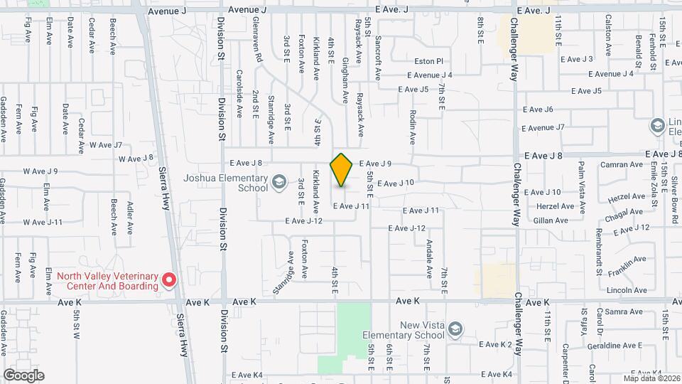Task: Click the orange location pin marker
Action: coord(341,170)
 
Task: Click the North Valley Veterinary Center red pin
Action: coord(168,280)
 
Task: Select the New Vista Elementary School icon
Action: coord(455,329)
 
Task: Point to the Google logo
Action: coord(23,375)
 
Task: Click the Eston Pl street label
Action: coord(429,62)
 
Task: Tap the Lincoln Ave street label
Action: coord(627,290)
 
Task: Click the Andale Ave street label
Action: coord(429,257)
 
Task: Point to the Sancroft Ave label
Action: coord(378,59)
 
